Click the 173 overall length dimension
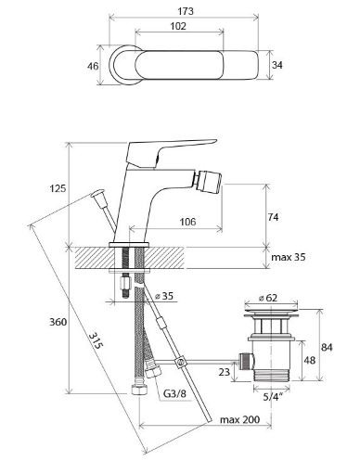click(x=186, y=11)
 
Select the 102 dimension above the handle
click(x=178, y=26)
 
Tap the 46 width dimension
click(x=93, y=66)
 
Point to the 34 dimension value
click(x=277, y=65)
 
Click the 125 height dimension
click(x=58, y=188)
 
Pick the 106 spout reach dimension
click(x=187, y=222)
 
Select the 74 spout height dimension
click(x=273, y=217)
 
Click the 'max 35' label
click(x=289, y=257)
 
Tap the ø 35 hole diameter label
click(x=164, y=296)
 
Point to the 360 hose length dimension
click(x=58, y=322)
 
